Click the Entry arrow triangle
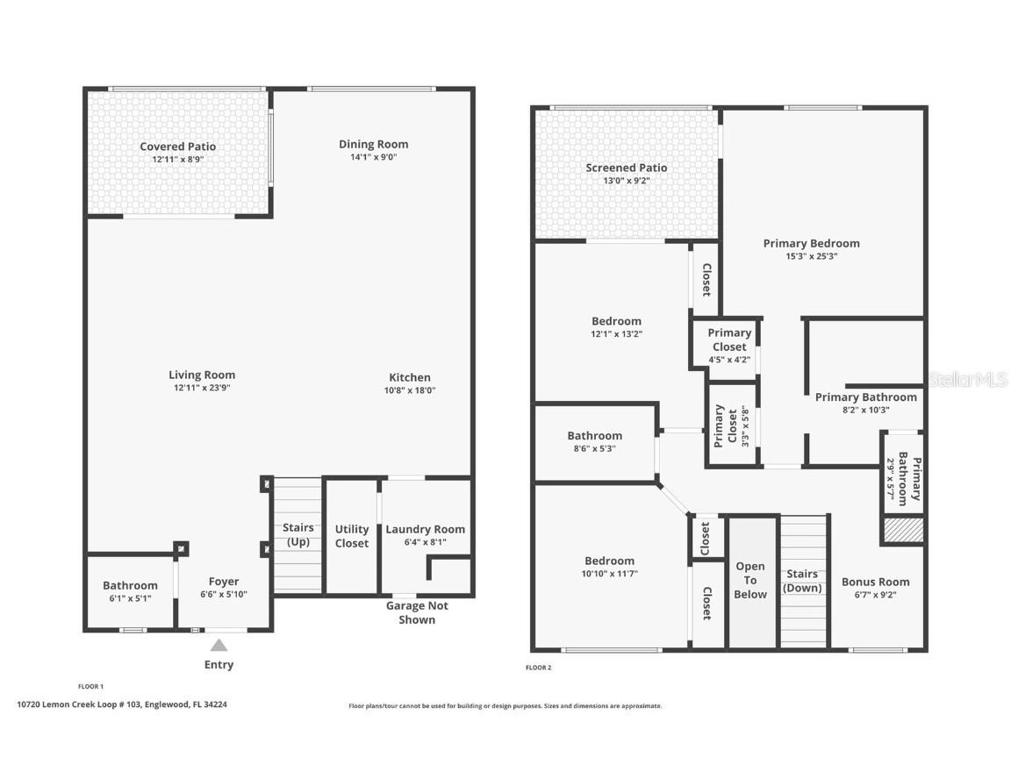coord(219,645)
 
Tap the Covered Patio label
coord(178,147)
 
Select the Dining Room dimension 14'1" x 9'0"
coord(374,158)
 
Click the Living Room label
coord(202,375)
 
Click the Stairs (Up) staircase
coord(298,535)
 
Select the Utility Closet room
coord(352,536)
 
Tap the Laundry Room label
coord(426,529)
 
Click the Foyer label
coord(224,582)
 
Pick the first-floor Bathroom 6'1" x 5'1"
coord(130,591)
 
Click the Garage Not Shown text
coord(417,612)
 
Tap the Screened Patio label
coord(627,168)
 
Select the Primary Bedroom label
coord(812,243)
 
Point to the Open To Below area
coord(751,581)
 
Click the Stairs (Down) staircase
coord(802,581)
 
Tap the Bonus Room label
coord(876,582)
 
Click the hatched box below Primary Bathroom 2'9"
coord(903,531)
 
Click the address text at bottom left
coord(122,704)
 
